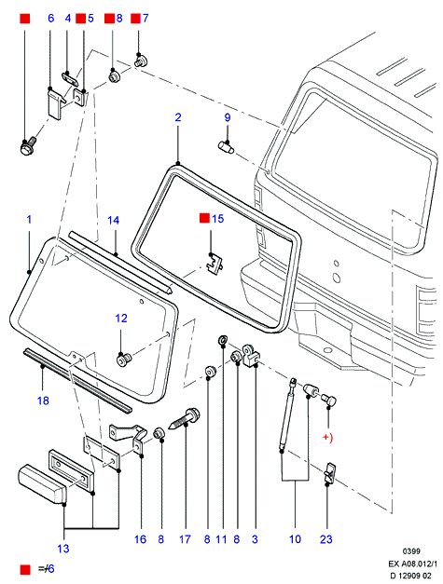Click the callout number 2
coord(178,117)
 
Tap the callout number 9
coord(228,117)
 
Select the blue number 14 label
coord(114,221)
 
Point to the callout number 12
coord(121,319)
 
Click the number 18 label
coord(43,401)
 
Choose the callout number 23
coord(326,539)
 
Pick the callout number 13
coord(63,549)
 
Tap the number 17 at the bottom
coord(185,539)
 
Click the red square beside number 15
coord(204,218)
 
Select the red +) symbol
coord(327,437)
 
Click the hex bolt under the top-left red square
coord(27,147)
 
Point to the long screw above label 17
coord(185,419)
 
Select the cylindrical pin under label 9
coord(226,146)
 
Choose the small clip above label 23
coord(329,473)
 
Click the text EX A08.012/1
coord(413,564)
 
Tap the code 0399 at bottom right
coord(411,551)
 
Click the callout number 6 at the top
coord(51,18)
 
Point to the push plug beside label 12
coord(124,360)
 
